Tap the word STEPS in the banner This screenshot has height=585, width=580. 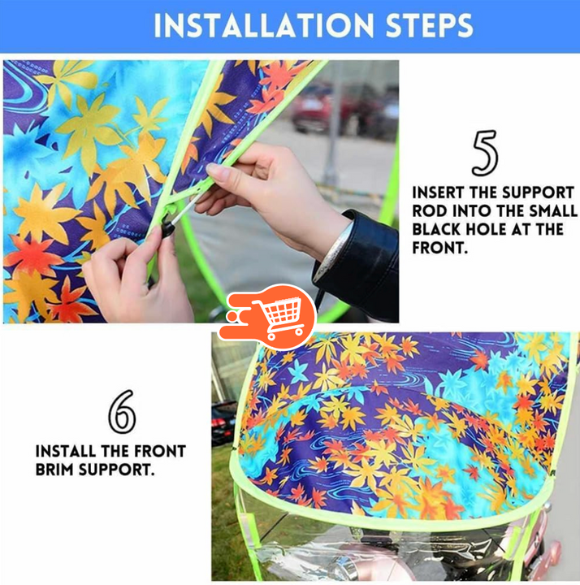point(429,26)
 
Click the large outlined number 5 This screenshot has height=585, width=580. point(485,153)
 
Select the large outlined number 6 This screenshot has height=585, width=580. point(122,411)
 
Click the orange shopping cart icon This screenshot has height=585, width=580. point(268,316)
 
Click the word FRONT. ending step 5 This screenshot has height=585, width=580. point(440,248)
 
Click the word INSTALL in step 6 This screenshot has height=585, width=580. point(66,452)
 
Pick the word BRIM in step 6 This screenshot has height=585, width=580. point(54,470)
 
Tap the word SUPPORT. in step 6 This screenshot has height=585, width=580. point(117,470)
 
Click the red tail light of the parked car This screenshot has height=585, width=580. point(219,423)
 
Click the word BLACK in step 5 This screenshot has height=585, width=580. point(436,229)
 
